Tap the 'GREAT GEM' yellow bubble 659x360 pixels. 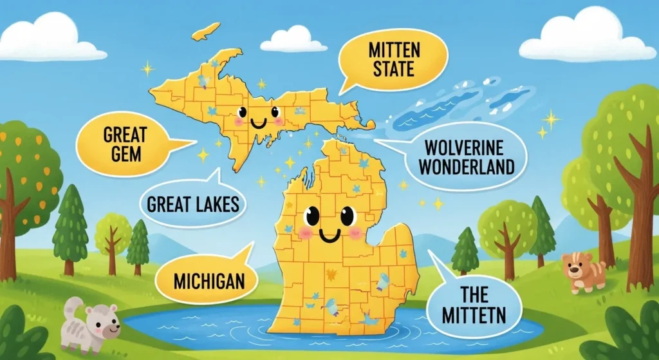(x=125, y=145)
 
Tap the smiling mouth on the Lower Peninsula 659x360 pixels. (x=329, y=236)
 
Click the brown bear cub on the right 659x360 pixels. (x=583, y=271)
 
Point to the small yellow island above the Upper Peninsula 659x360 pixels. (x=205, y=31)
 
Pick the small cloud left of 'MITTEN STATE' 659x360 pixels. (x=293, y=39)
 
